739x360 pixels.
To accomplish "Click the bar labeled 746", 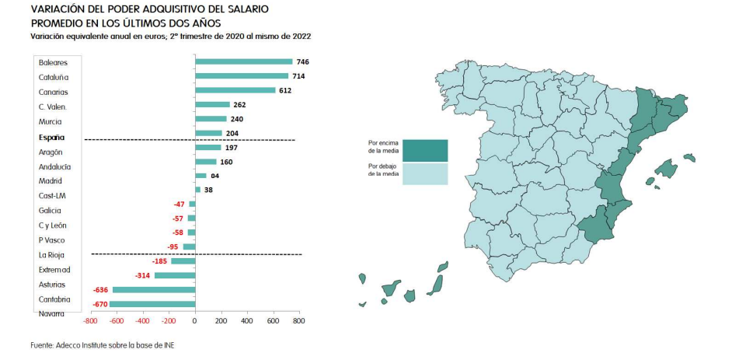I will point(244,61).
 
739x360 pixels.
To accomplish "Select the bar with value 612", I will point(235,90).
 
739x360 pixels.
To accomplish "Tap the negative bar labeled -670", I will point(152,304).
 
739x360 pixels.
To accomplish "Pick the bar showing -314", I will point(175,275).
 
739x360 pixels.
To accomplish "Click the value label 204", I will point(232,134).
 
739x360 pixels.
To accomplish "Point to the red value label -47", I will point(180,204).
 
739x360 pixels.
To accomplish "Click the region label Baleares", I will point(53,62).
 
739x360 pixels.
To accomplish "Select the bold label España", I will point(51,137).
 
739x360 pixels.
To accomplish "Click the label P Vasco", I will point(52,240).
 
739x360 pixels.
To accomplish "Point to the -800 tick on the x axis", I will point(91,320).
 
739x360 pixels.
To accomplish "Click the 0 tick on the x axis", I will point(195,320).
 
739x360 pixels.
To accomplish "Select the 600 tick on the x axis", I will point(273,320).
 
